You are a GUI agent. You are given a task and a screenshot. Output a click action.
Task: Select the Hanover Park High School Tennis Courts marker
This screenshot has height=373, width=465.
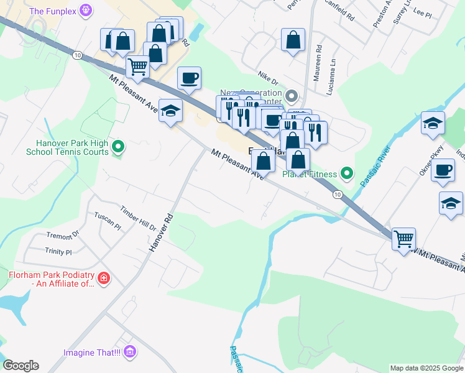click(118, 147)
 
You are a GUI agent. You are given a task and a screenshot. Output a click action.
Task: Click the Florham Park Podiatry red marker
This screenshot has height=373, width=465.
click(104, 278)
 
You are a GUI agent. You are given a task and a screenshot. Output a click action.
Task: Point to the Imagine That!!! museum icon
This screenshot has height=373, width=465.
click(129, 352)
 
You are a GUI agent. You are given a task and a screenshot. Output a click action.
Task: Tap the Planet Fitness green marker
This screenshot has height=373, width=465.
click(347, 174)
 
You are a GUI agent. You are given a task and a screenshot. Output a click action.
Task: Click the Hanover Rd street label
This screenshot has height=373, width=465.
click(160, 233)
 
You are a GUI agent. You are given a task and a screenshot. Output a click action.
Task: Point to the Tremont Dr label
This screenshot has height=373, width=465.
click(63, 236)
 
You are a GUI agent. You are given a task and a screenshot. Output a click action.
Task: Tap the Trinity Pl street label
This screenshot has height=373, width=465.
click(58, 252)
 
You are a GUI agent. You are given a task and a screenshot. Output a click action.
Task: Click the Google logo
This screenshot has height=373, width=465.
click(21, 366)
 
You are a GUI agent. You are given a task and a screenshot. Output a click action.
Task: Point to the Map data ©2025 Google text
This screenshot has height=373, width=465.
click(426, 368)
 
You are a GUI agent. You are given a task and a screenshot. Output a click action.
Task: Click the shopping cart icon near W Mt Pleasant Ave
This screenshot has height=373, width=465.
click(403, 237)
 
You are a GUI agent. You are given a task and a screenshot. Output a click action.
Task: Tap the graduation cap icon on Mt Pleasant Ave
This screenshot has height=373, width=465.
click(170, 111)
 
